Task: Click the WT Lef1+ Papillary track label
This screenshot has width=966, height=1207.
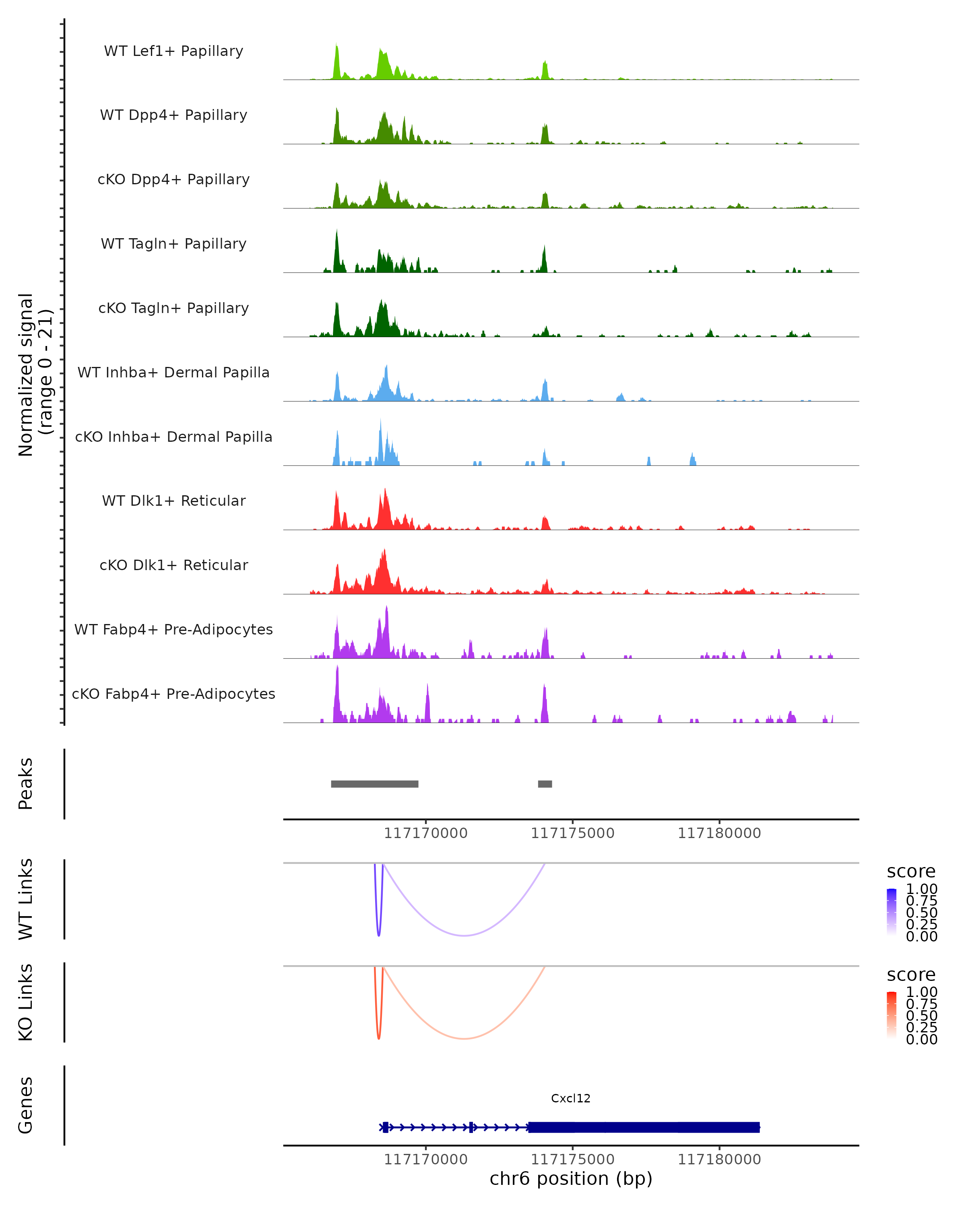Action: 173,51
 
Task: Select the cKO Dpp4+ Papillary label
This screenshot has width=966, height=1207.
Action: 173,180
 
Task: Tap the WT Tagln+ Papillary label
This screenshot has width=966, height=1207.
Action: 173,244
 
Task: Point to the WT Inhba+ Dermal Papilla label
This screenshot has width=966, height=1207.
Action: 173,373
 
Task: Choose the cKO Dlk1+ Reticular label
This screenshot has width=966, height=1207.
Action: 173,565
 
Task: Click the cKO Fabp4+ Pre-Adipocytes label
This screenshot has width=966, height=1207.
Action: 173,694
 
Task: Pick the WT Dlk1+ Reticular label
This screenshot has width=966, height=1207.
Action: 173,501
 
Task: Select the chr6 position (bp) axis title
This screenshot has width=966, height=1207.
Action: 571,1178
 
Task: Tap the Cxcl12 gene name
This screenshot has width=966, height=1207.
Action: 571,1098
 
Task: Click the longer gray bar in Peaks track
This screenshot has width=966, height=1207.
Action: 375,784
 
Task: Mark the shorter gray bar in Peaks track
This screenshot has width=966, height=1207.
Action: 545,784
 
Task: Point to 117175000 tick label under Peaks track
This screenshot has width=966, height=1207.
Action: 572,834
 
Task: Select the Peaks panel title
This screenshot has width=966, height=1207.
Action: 26,784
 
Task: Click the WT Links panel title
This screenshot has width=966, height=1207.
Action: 26,899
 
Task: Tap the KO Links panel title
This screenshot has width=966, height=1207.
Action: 26,1003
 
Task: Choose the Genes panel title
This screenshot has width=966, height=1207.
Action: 26,1105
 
